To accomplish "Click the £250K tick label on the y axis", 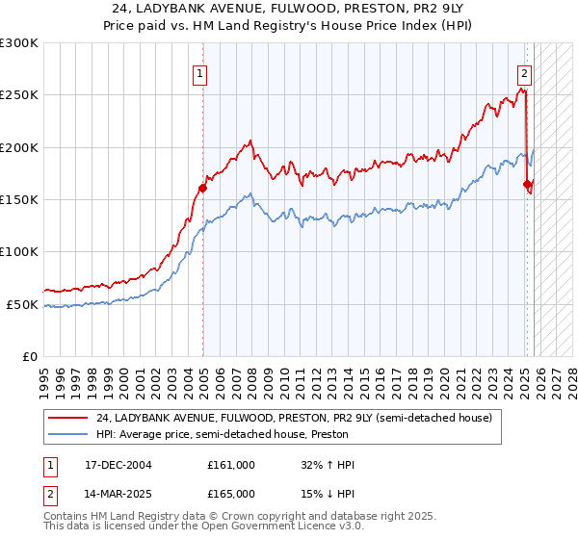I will pyautogui.click(x=19, y=95).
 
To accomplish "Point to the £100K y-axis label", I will pyautogui.click(x=19, y=251).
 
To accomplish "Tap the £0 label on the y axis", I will pyautogui.click(x=30, y=356).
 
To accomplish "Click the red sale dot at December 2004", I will pyautogui.click(x=203, y=188).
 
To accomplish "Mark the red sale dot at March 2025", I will pyautogui.click(x=528, y=184).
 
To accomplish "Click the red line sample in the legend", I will pyautogui.click(x=68, y=418).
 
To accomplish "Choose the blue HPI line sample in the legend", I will pyautogui.click(x=68, y=434).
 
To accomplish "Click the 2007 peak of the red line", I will pyautogui.click(x=250, y=141).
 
